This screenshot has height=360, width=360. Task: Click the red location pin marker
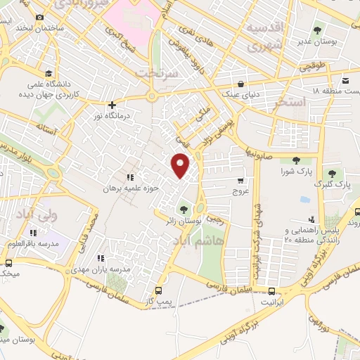(181, 166)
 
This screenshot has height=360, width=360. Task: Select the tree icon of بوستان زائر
(184, 208)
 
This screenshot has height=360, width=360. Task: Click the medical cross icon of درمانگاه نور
(112, 105)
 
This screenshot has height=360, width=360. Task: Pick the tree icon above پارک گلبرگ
(332, 173)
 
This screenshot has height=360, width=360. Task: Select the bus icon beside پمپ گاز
(158, 290)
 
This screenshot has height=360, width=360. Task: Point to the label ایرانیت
(272, 302)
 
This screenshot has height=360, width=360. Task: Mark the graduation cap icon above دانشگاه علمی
(48, 73)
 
